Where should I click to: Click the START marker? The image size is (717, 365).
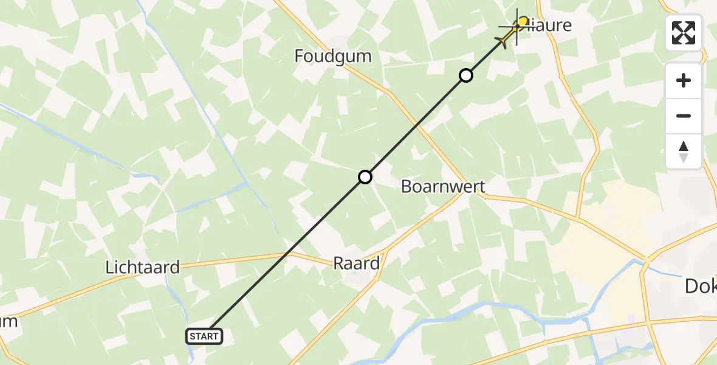click(x=204, y=336)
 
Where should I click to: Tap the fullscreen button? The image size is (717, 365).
click(x=684, y=33)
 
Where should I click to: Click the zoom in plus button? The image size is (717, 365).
click(x=684, y=80)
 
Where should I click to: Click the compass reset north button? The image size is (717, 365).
click(x=684, y=151)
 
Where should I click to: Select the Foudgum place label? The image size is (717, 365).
click(x=332, y=56)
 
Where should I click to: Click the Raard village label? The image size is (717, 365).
click(x=357, y=263)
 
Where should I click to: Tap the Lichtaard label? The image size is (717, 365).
click(x=143, y=267)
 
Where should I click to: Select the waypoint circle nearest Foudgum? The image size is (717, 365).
click(x=465, y=75)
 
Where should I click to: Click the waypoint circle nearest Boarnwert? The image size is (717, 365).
click(x=365, y=177)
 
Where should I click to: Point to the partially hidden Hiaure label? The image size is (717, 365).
click(x=550, y=26)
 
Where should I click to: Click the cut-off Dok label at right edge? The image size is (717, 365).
click(x=701, y=286)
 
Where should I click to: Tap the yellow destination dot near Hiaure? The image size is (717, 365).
click(x=523, y=22)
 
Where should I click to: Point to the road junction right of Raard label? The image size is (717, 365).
click(x=384, y=252)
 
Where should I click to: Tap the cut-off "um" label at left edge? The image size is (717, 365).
click(x=9, y=321)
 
